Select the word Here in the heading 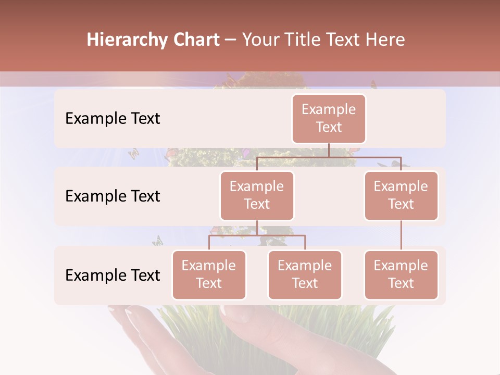[385, 40]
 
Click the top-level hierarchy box [329, 118]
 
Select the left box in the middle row [257, 195]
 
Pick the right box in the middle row [401, 195]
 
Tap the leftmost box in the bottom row [209, 274]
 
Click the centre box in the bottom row [305, 274]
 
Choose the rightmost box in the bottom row [401, 274]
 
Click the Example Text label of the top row [113, 118]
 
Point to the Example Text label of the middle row [113, 196]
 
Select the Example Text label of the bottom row [113, 275]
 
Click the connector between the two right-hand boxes [401, 235]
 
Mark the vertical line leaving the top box [329, 150]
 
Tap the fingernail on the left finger [132, 317]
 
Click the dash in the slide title [231, 40]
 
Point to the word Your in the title [260, 40]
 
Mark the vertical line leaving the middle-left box [257, 228]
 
